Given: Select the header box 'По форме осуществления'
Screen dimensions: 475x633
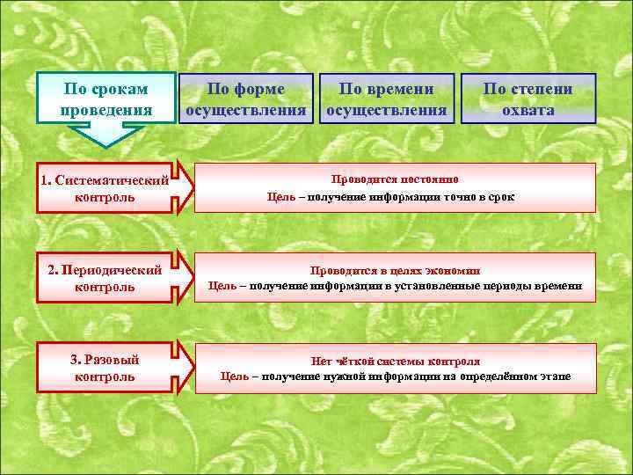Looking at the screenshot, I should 246,99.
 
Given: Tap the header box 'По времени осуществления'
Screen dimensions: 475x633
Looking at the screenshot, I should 387,99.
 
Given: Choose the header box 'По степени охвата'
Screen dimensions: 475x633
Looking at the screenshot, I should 527,99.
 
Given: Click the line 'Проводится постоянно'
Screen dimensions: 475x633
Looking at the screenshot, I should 394,179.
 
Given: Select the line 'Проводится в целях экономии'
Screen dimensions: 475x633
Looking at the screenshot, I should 395,270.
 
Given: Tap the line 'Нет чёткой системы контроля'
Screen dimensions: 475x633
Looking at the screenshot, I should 395,361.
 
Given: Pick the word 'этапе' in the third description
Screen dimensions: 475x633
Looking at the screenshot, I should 555,376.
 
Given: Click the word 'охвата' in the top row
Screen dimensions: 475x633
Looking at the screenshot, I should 527,110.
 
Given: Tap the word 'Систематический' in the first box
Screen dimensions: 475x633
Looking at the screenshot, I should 112,180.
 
